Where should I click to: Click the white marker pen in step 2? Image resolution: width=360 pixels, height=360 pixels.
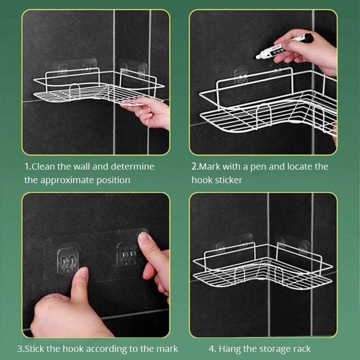point(285,46)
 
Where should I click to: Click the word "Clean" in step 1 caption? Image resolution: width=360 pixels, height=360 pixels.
point(44,167)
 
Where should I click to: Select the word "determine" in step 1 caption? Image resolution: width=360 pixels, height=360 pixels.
point(132,167)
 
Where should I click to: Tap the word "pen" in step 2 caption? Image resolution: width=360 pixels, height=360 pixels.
point(258,168)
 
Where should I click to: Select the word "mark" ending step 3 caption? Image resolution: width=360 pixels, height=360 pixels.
point(167,349)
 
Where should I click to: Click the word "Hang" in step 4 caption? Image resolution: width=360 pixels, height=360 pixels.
point(229,349)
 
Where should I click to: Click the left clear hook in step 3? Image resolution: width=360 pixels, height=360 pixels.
point(68,261)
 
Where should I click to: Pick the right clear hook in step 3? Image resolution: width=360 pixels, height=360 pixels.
point(127,254)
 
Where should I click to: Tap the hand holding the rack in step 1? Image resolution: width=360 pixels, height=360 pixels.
point(149,113)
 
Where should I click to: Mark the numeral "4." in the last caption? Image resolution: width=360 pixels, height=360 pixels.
point(213,349)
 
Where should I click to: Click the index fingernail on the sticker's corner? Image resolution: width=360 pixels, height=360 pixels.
point(144,238)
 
